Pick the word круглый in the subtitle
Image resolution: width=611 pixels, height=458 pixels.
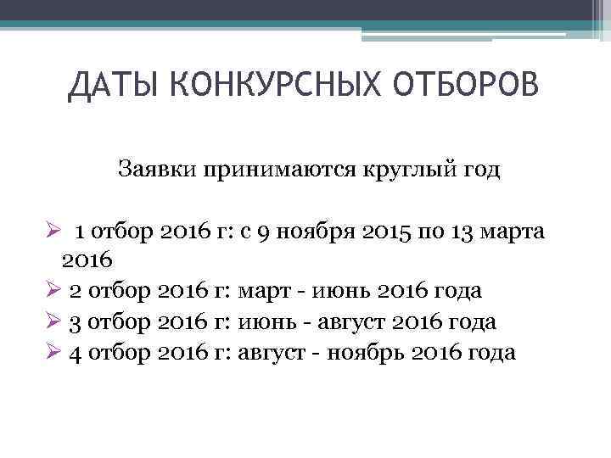pyautogui.click(x=387, y=170)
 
